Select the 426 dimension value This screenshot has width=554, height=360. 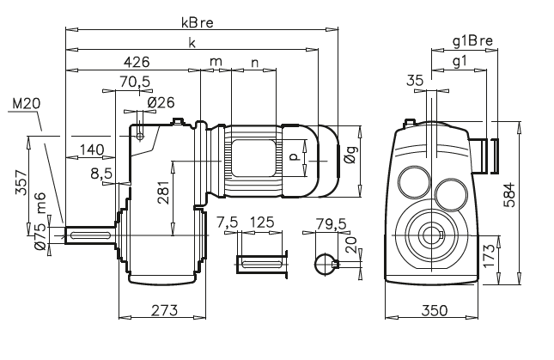(137, 62)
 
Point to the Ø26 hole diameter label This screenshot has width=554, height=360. (161, 102)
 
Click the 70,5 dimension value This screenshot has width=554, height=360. (133, 83)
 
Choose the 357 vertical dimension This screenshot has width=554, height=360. (21, 184)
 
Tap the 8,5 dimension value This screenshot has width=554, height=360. (101, 174)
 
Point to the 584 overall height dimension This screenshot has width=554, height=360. (533, 194)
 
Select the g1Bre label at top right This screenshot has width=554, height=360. (471, 40)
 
